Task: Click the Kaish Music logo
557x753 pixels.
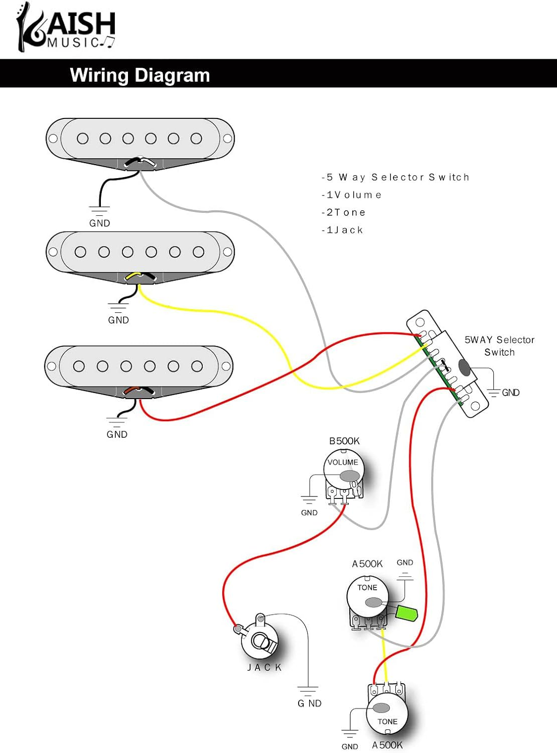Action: (x=66, y=28)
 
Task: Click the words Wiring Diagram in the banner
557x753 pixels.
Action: (x=140, y=75)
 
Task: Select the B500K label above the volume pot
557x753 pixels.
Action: (x=344, y=441)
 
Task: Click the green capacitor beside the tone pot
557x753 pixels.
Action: (x=407, y=613)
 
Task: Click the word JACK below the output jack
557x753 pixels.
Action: (x=264, y=667)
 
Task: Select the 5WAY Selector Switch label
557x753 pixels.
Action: (x=499, y=346)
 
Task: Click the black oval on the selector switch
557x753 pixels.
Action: (x=465, y=367)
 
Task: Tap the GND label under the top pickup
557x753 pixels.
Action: (x=99, y=223)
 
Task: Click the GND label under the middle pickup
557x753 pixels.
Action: (x=118, y=320)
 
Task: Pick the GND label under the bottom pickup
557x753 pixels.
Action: (x=117, y=434)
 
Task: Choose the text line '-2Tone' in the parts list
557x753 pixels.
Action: (x=344, y=212)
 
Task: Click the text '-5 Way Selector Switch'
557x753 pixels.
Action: (x=395, y=177)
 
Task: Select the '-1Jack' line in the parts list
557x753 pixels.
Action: (x=342, y=230)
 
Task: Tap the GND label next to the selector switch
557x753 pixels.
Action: (x=511, y=393)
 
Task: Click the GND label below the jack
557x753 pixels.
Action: (x=310, y=703)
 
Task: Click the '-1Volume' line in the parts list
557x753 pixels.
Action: (x=351, y=195)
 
